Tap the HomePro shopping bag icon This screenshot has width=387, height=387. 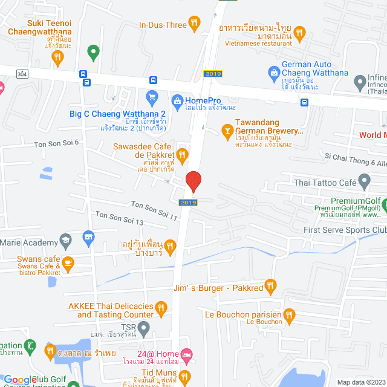(177, 100)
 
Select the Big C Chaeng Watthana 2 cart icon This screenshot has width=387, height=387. (152, 96)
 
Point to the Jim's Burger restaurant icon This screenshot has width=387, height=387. (270, 285)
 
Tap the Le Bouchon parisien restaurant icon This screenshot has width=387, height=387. (289, 314)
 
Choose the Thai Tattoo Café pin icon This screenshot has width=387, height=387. (364, 180)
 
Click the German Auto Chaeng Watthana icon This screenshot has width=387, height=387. (273, 71)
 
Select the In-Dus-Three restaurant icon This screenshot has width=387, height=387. (194, 24)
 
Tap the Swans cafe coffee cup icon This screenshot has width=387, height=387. (68, 262)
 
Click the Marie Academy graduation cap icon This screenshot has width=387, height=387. (65, 241)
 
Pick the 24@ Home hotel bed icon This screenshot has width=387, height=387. (186, 354)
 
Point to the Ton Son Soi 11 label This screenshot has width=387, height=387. (154, 207)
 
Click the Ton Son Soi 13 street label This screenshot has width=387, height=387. (119, 218)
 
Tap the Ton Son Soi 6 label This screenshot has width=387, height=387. (56, 143)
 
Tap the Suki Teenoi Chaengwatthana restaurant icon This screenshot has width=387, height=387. (58, 57)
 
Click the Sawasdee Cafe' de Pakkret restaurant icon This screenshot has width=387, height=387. (180, 155)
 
